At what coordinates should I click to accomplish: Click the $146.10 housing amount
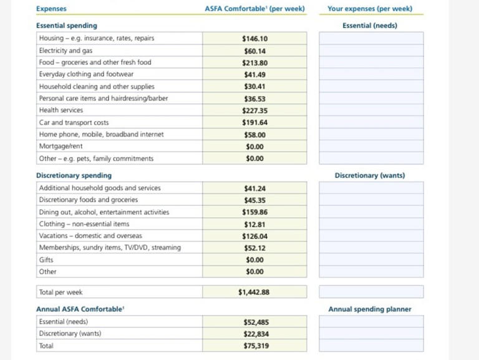point(254,39)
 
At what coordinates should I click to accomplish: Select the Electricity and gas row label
point(65,51)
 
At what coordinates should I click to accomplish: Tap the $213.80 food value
point(254,62)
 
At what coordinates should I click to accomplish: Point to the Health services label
point(60,110)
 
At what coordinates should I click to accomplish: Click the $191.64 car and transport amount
point(254,122)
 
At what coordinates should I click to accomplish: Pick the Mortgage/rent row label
point(60,146)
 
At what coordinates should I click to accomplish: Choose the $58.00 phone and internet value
point(254,135)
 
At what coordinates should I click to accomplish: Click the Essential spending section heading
point(67,26)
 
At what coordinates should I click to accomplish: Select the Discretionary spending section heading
point(74,175)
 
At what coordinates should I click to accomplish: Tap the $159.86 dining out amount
point(254,212)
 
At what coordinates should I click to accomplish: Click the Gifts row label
point(46,260)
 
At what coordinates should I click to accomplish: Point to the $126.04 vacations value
point(254,236)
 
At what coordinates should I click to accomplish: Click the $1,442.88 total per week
point(254,292)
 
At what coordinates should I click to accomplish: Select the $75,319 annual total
point(256,346)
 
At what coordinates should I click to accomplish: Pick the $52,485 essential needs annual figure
point(256,322)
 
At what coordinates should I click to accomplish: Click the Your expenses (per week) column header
point(370,9)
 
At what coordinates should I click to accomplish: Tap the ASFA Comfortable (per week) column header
point(254,9)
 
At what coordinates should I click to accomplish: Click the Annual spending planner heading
point(370,309)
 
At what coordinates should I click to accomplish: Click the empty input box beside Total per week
point(371,291)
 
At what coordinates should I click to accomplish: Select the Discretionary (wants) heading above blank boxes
point(370,175)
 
